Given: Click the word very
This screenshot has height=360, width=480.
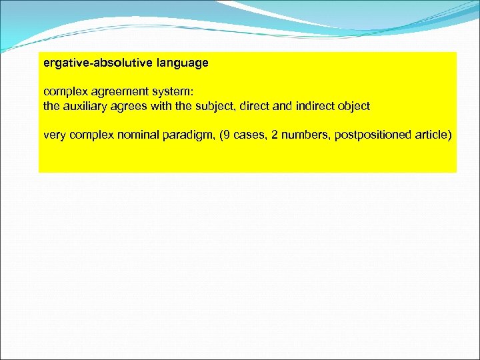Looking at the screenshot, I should (x=55, y=135).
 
